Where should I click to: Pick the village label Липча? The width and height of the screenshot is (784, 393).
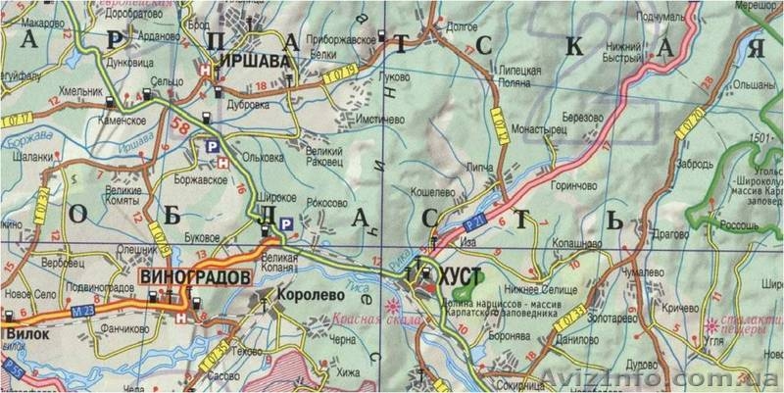coord(481,169)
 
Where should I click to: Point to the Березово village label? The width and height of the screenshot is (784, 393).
coord(582,116)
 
